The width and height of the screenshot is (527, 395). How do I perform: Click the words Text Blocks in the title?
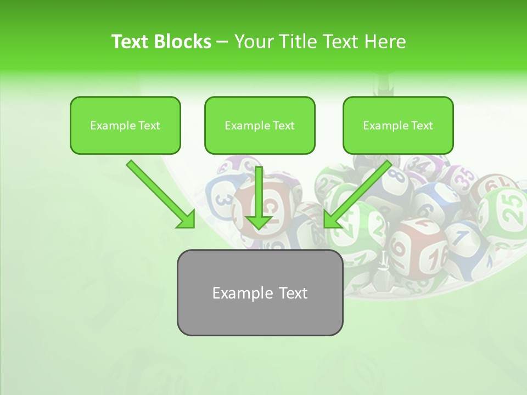pyautogui.click(x=161, y=42)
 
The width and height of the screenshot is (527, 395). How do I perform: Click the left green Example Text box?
pyautogui.click(x=125, y=125)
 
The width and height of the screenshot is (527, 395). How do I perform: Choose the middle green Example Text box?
pyautogui.click(x=260, y=125)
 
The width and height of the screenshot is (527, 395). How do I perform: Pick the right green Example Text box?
pyautogui.click(x=398, y=125)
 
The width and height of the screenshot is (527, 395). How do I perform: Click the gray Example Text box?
pyautogui.click(x=260, y=292)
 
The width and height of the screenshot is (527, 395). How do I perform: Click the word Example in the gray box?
pyautogui.click(x=237, y=292)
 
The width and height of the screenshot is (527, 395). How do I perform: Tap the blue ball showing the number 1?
pyautogui.click(x=462, y=241)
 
